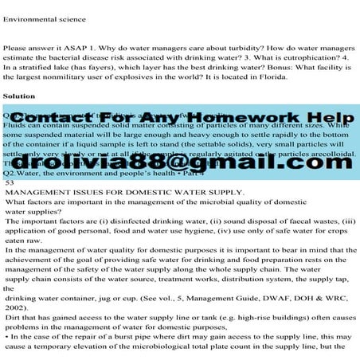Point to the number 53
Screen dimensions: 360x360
tap(10, 205)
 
